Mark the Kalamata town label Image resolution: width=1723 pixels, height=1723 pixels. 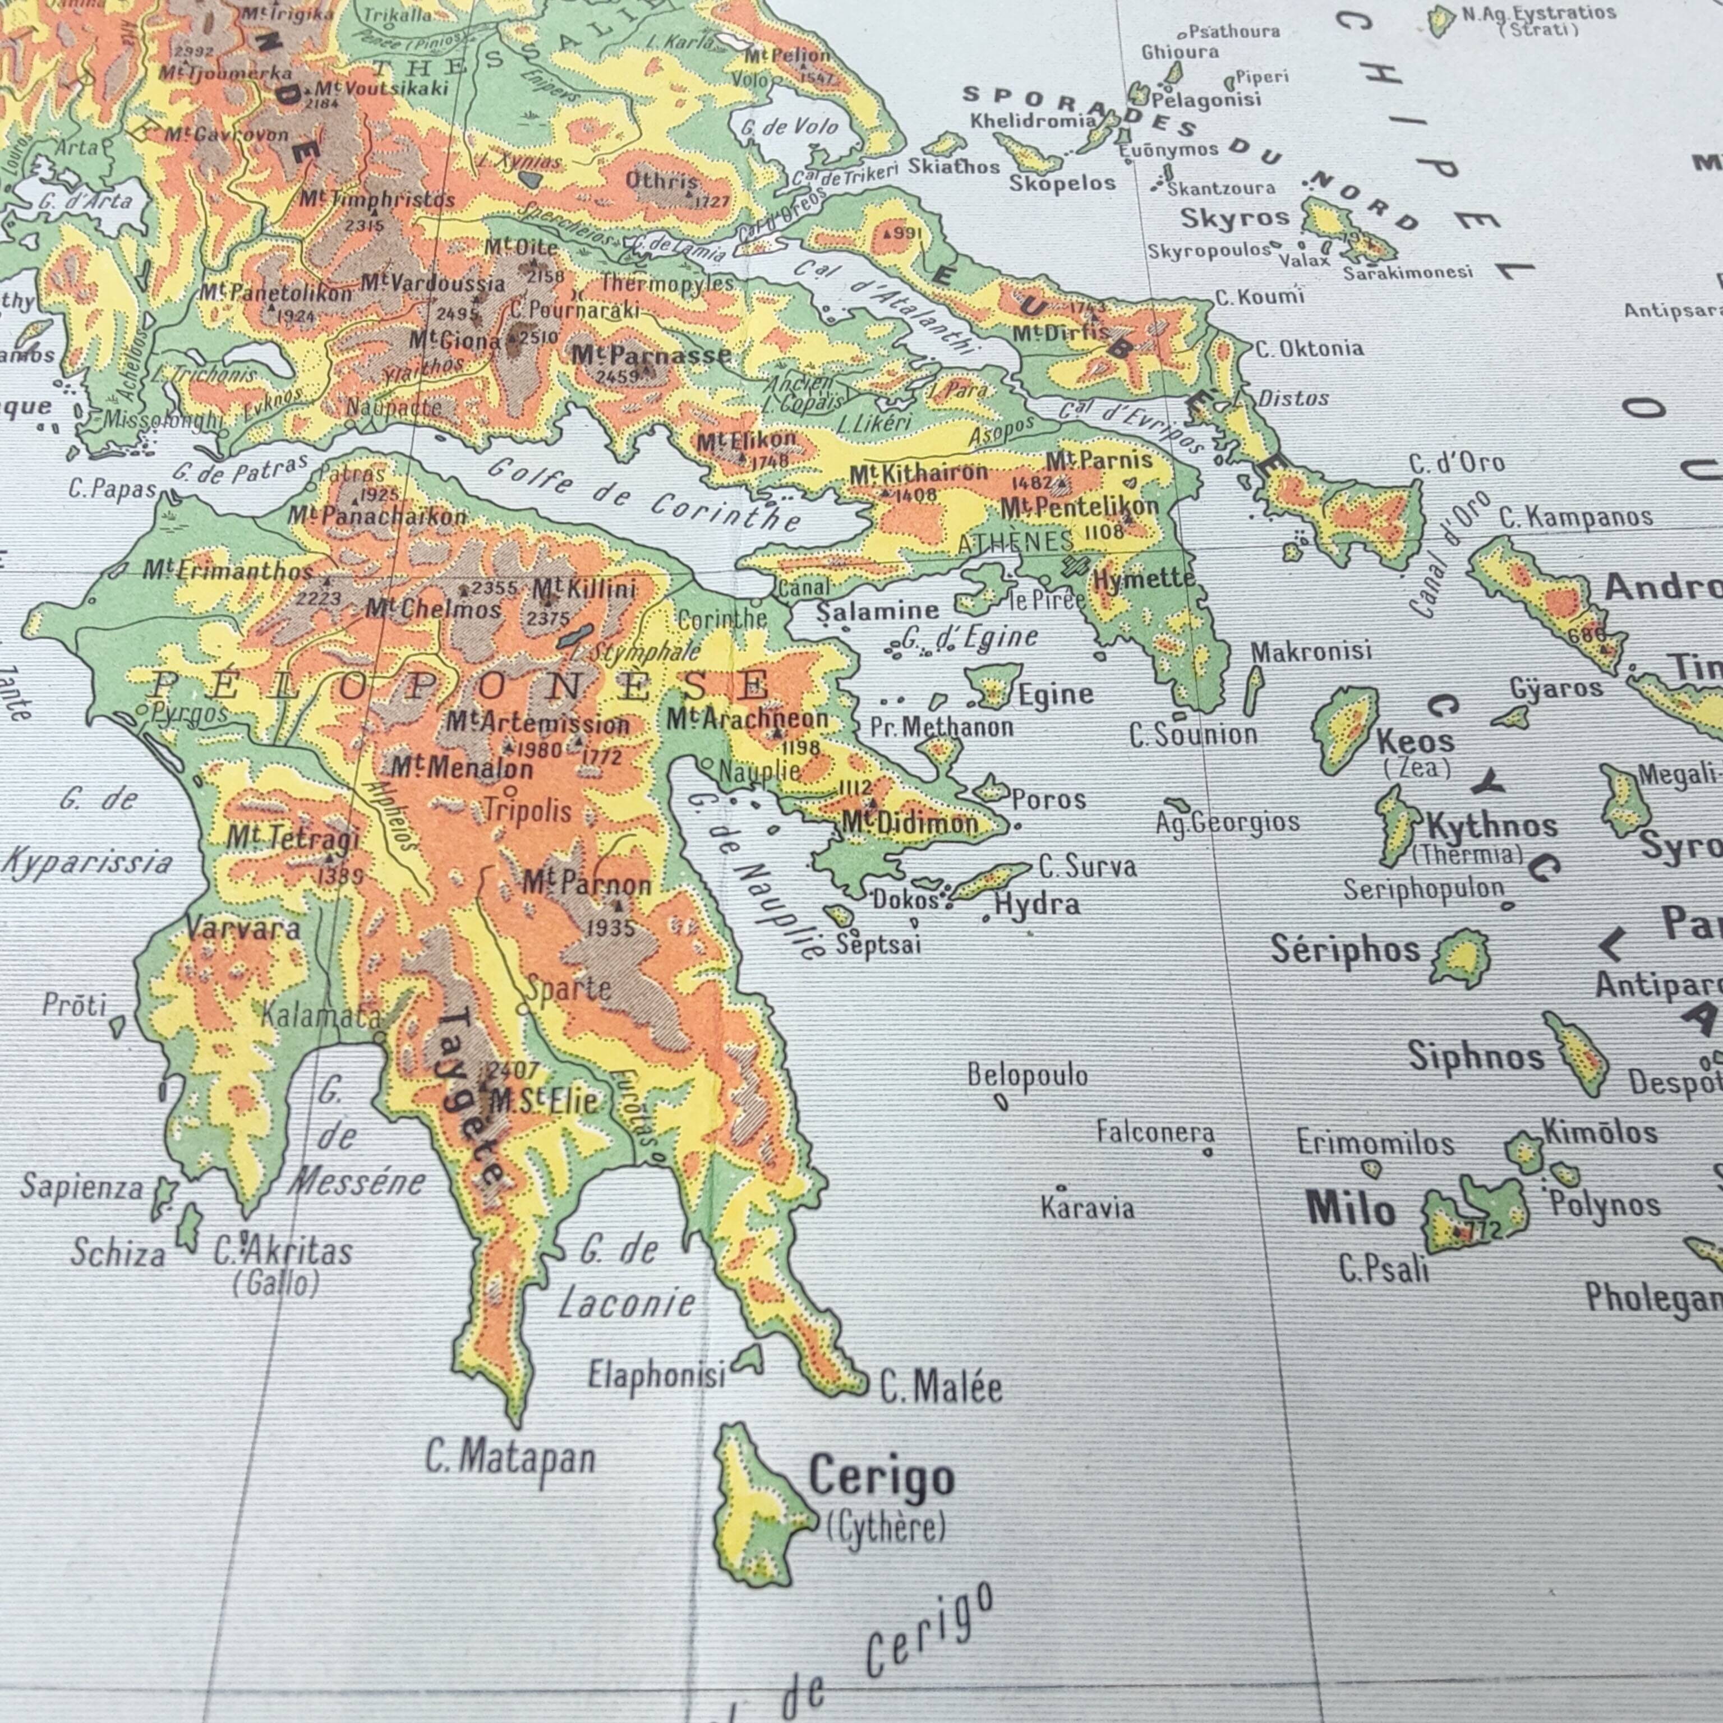point(321,1015)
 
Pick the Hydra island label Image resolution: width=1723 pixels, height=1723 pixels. point(1036,904)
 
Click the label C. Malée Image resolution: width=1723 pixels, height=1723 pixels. point(941,1388)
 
